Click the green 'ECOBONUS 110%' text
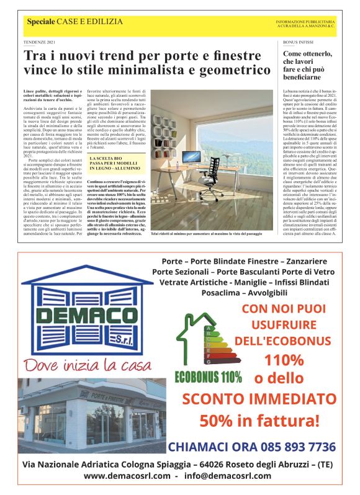click(x=208, y=376)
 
